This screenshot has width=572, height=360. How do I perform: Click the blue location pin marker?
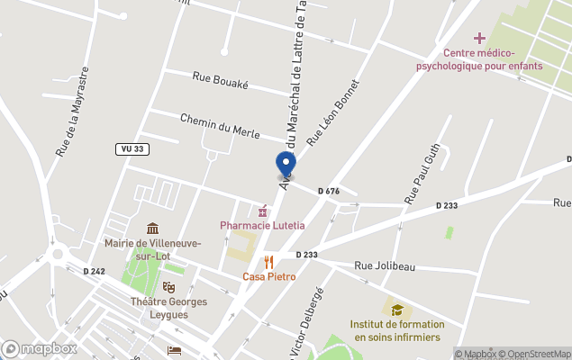click(x=286, y=165)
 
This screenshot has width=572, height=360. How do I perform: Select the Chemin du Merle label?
click(x=220, y=126)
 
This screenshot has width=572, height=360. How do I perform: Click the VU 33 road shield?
click(x=132, y=148)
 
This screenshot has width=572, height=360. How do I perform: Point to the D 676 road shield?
click(x=329, y=191)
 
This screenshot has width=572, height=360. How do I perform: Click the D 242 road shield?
click(x=94, y=271)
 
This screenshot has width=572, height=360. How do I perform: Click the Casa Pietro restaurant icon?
click(x=268, y=262)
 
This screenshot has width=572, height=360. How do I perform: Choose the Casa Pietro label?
click(x=268, y=276)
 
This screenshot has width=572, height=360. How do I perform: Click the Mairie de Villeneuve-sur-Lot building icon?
click(x=153, y=229)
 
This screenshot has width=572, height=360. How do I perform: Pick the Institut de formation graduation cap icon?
click(x=396, y=310)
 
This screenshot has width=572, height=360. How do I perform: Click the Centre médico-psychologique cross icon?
click(x=480, y=38)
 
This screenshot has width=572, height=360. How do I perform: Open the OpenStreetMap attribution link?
click(x=537, y=353)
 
